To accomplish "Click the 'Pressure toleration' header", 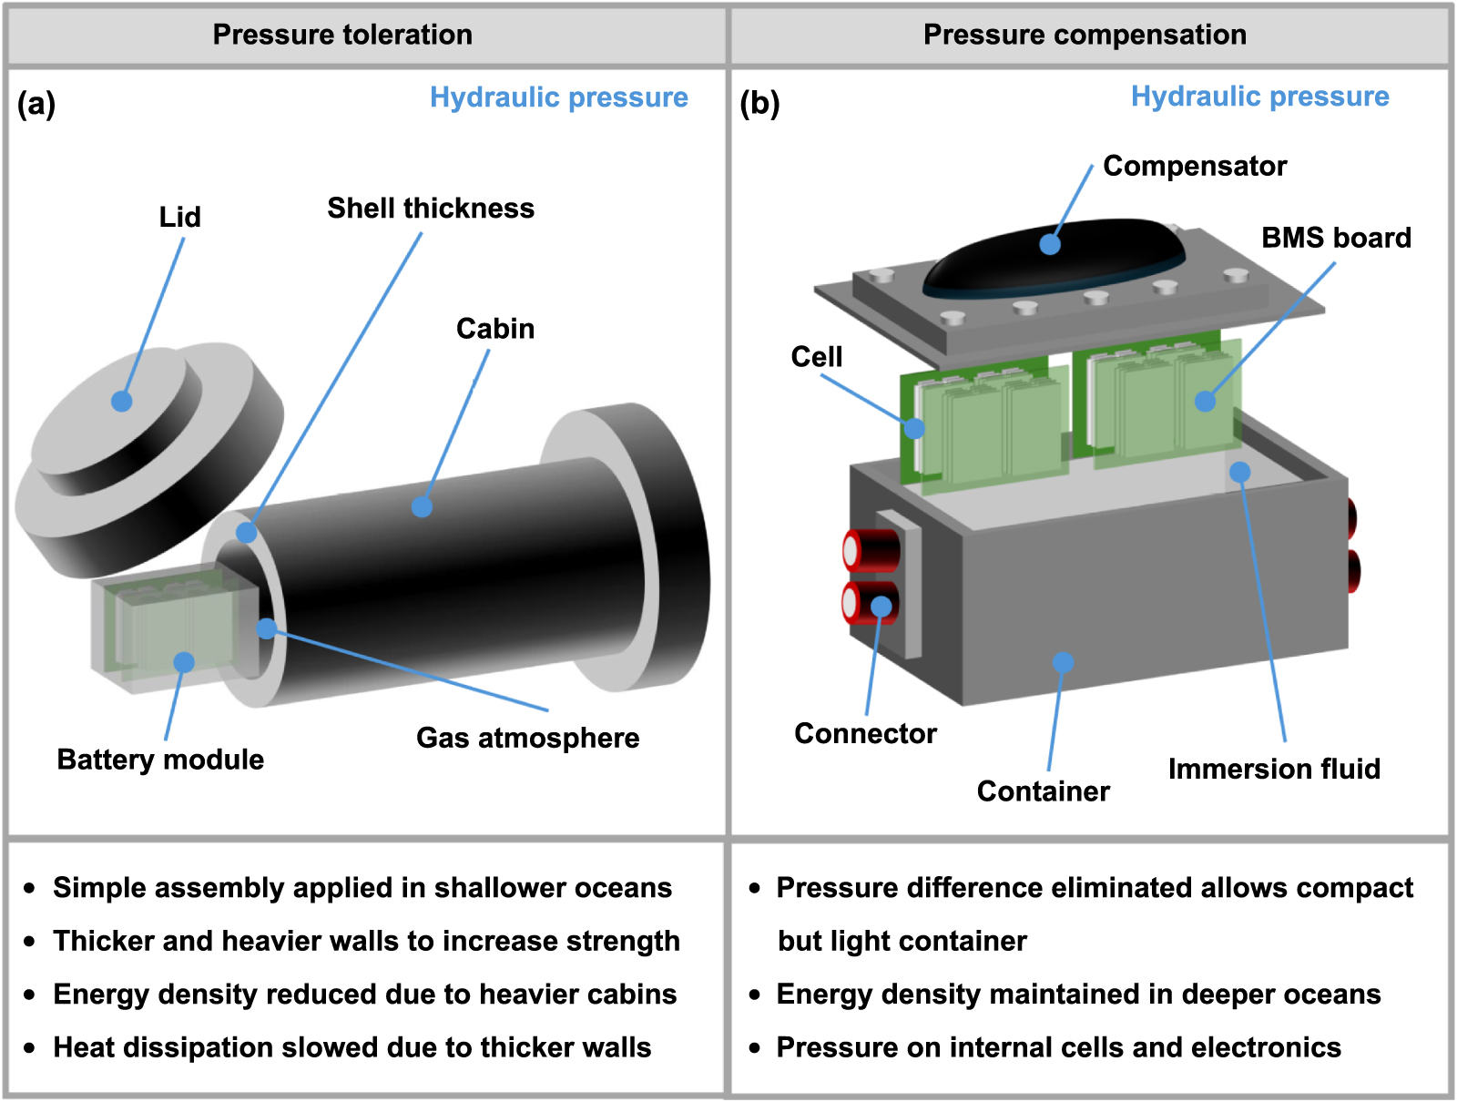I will pyautogui.click(x=342, y=35).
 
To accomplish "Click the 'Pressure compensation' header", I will pyautogui.click(x=1085, y=35).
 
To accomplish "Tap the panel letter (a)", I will pyautogui.click(x=36, y=104).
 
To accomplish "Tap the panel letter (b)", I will pyautogui.click(x=759, y=104).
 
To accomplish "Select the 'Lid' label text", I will pyautogui.click(x=179, y=217).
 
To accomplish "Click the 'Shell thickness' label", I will pyautogui.click(x=431, y=208).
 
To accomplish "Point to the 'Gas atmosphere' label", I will pyautogui.click(x=527, y=737).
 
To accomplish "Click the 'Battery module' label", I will pyautogui.click(x=160, y=759).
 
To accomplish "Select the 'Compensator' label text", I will pyautogui.click(x=1194, y=166).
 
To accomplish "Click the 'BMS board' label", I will pyautogui.click(x=1335, y=238).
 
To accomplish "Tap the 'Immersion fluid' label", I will pyautogui.click(x=1274, y=769).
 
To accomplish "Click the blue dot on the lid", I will pyautogui.click(x=122, y=401).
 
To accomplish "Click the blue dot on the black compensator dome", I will pyautogui.click(x=1050, y=244).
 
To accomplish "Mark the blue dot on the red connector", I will pyautogui.click(x=881, y=607).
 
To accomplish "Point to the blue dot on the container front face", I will pyautogui.click(x=1063, y=662).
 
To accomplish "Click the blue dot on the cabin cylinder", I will pyautogui.click(x=422, y=507).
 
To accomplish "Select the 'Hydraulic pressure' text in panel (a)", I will pyautogui.click(x=558, y=97).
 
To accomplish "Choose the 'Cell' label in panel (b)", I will pyautogui.click(x=816, y=356).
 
